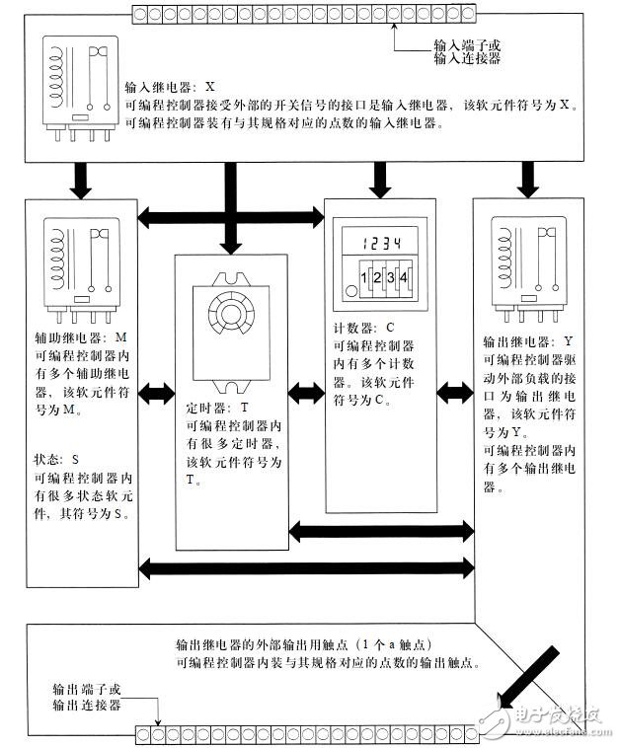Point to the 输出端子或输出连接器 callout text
pos(87,696)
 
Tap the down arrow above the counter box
pos(377,178)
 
